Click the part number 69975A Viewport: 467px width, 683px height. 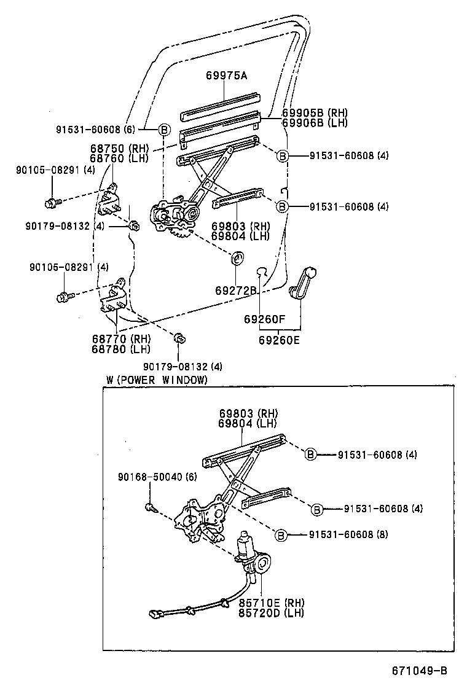tap(226, 76)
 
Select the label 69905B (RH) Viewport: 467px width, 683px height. tap(315, 113)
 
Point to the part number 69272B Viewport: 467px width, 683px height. tap(235, 290)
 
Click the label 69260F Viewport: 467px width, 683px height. tap(264, 319)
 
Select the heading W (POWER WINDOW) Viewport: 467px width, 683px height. tap(157, 380)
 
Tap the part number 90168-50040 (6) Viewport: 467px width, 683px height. tap(157, 477)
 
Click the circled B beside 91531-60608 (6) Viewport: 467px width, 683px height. tap(164, 129)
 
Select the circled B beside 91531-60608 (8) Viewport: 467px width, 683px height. tap(280, 535)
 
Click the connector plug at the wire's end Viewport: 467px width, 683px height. tap(156, 612)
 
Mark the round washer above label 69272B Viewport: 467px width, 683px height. tap(237, 258)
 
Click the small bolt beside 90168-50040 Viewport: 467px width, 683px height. tap(151, 507)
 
